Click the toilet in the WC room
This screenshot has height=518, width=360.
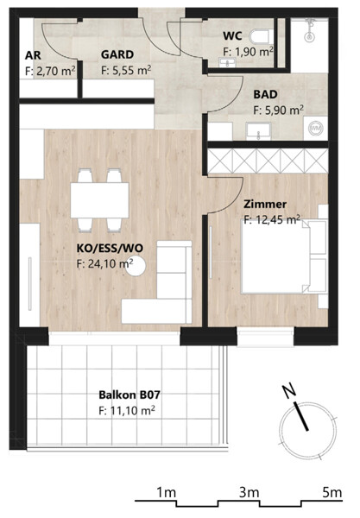pos(262,36)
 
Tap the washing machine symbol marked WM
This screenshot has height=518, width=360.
pos(316,128)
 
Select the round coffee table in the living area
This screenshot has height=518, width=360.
pos(136,266)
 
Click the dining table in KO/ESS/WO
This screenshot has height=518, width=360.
pos(99,200)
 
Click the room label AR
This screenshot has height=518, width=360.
pos(33,55)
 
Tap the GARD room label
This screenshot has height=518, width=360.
pos(117,54)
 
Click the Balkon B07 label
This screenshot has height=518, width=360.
pos(129,395)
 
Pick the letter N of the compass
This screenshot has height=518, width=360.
pos(289,391)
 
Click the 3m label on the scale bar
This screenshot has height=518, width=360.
pos(249,493)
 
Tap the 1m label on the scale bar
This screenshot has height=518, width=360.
pos(166,493)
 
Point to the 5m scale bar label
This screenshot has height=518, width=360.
pos(332,493)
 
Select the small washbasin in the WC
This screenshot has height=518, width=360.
pos(227,62)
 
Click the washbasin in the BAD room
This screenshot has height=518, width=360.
pos(259,131)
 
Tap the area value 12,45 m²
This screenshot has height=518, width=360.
pos(276,219)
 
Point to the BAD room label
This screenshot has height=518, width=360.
pos(265,94)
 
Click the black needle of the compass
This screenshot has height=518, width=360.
pos(301,417)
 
